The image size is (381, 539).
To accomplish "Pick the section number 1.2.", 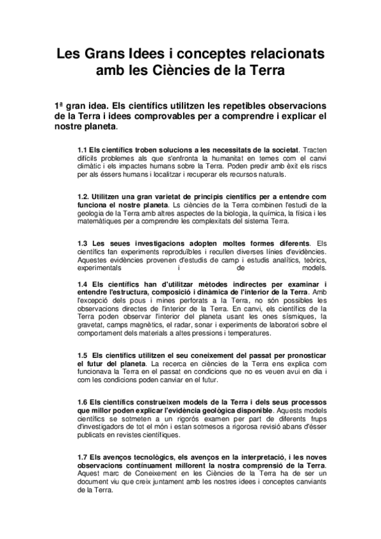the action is coord(83,197).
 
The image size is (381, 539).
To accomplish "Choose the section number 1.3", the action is coord(82,243).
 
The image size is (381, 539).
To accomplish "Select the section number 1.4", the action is coord(82,283).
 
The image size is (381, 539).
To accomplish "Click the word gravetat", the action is coord(92,325).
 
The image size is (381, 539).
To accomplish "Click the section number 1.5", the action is coord(82,355).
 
